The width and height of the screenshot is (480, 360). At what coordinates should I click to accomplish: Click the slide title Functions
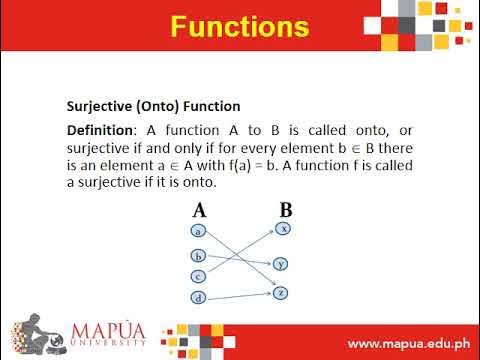click(x=239, y=25)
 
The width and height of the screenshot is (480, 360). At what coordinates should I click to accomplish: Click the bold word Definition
click(x=99, y=131)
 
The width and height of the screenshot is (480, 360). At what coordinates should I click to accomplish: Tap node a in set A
click(x=199, y=231)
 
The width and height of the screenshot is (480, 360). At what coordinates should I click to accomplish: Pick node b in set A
click(x=199, y=255)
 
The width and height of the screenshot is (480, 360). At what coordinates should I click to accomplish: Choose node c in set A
click(x=199, y=277)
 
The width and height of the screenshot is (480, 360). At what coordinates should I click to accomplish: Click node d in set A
click(x=199, y=299)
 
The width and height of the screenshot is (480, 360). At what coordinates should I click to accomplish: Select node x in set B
click(x=283, y=229)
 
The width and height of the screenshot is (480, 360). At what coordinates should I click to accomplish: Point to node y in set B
click(x=282, y=264)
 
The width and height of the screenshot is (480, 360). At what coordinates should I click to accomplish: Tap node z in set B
click(x=282, y=292)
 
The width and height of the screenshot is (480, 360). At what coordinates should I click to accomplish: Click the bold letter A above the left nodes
click(x=199, y=211)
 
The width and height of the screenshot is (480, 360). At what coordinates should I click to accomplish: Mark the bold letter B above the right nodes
click(x=285, y=211)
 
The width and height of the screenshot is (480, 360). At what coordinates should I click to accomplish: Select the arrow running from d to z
click(x=240, y=296)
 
